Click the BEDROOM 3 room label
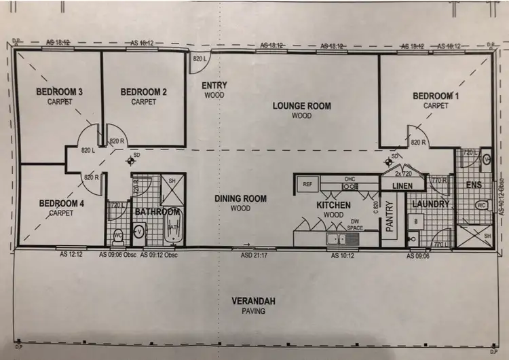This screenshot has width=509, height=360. pos(60,92)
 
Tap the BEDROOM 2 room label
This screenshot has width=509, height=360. pos(143,92)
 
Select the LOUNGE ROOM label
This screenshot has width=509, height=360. pos(302,106)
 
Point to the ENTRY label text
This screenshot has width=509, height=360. pos(214,86)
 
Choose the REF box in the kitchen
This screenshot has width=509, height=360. pos(307,184)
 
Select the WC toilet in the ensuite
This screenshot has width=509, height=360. pos(480,205)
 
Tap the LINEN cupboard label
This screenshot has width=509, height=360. pos(404,186)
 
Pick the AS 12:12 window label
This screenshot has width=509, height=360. pos(71,255)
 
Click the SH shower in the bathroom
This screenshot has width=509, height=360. pos(172,181)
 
